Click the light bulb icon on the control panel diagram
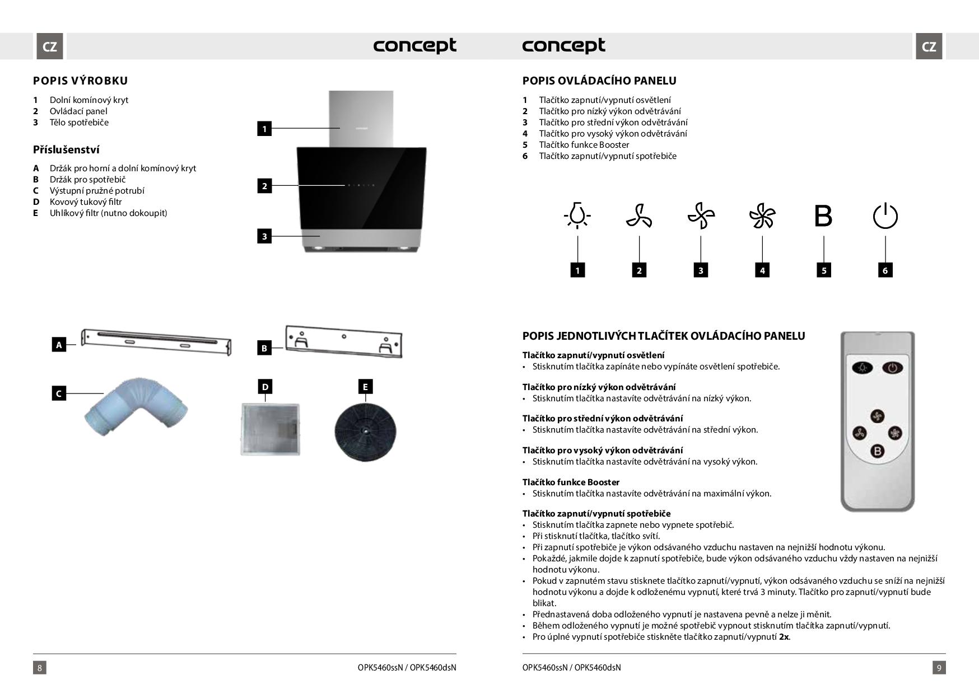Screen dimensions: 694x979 click(x=577, y=215)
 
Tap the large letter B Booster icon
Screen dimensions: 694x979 click(x=823, y=216)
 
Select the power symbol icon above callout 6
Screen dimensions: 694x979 click(x=885, y=216)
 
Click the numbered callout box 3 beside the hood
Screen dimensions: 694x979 click(x=264, y=236)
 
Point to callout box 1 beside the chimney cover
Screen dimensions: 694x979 click(x=264, y=129)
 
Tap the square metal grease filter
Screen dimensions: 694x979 click(x=271, y=429)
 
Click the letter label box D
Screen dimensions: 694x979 click(x=265, y=386)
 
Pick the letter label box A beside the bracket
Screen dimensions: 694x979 click(x=59, y=345)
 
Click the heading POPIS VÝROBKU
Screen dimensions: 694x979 click(x=81, y=81)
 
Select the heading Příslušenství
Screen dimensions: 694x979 click(x=66, y=149)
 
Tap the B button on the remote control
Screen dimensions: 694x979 click(x=877, y=451)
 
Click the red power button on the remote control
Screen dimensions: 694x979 click(x=892, y=368)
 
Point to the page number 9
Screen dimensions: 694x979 click(x=939, y=667)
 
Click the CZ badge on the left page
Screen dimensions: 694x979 click(x=50, y=46)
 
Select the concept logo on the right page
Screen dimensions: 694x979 click(x=563, y=46)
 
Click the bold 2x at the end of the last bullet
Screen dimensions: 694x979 click(x=784, y=637)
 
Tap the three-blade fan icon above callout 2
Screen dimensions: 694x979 click(x=639, y=216)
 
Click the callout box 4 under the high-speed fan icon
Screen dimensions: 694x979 click(x=762, y=270)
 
